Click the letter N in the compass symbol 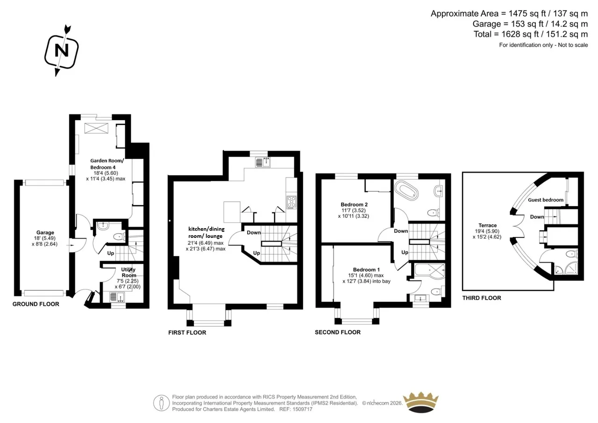pos(62,50)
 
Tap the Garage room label pos(45,233)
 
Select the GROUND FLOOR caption pos(36,304)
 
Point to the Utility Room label pos(128,272)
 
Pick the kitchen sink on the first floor pos(263,162)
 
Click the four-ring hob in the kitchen pos(291,202)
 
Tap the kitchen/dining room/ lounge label pos(206,232)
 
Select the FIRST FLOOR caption pos(187,332)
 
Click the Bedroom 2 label pos(354,205)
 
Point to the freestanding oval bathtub pos(407,190)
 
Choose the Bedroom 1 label pos(366,270)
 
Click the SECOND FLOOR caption pos(338,332)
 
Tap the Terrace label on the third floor pos(487,225)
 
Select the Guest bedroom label pos(546,200)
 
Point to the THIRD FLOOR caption pos(482,298)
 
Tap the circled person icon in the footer pos(161,403)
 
